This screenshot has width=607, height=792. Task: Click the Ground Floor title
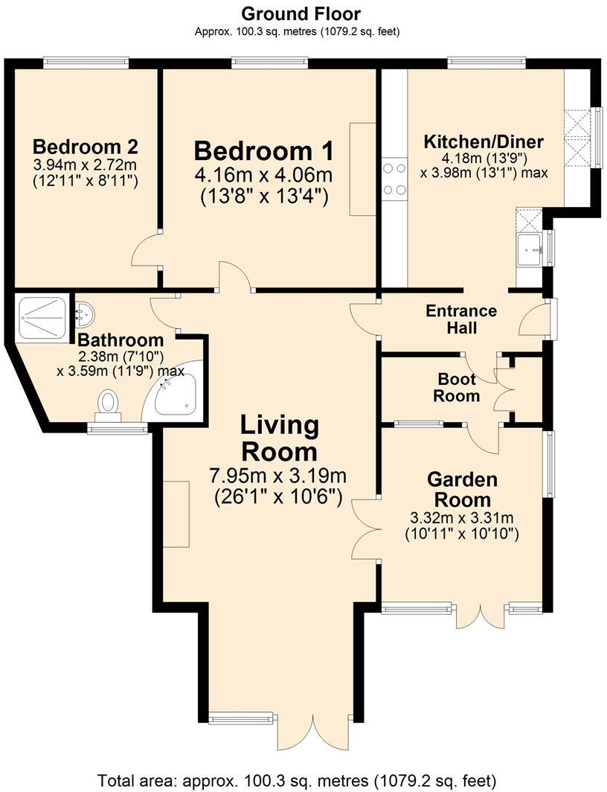click(x=301, y=13)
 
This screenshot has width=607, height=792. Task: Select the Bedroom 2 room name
click(x=85, y=145)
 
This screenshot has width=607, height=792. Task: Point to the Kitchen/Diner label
click(x=483, y=141)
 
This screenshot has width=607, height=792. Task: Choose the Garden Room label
click(x=461, y=489)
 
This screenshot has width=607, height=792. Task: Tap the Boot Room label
click(x=457, y=387)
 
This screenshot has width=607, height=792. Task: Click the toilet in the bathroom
click(x=109, y=405)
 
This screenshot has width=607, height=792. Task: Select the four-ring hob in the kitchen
click(x=393, y=181)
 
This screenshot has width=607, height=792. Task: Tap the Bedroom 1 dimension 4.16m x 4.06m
click(x=263, y=176)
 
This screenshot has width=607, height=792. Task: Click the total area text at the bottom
click(x=298, y=781)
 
